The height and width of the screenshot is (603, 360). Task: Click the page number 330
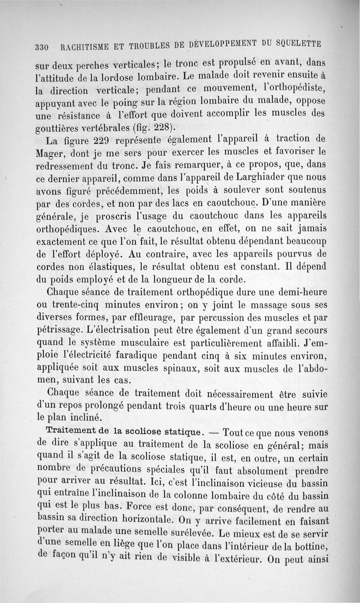click(42, 46)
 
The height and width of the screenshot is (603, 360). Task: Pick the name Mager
click(49, 152)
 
